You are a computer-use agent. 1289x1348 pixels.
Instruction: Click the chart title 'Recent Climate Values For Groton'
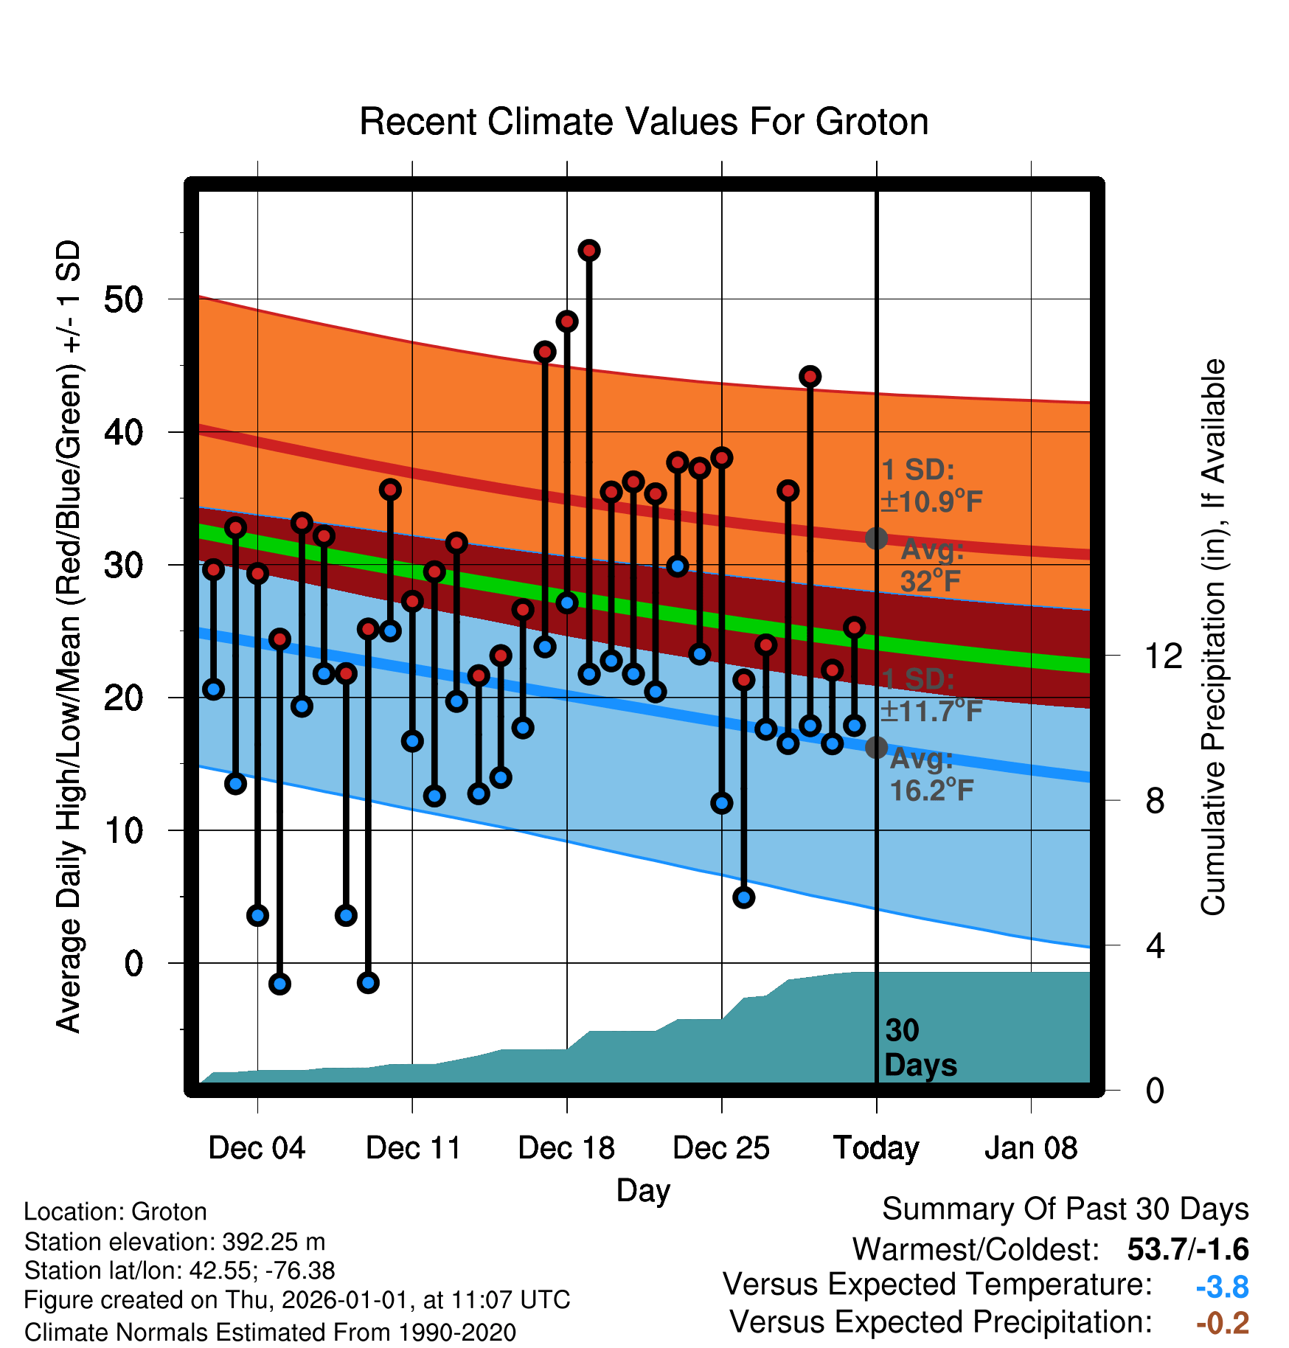[644, 122]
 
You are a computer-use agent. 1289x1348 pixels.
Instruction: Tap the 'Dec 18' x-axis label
[566, 1148]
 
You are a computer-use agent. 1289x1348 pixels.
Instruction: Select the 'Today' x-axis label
[876, 1148]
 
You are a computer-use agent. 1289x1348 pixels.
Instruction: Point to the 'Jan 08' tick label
[1031, 1148]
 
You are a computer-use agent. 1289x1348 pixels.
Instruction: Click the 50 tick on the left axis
[124, 299]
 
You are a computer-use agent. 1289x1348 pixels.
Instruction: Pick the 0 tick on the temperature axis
[133, 963]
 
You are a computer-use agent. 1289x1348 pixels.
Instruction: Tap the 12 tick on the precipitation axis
[1164, 656]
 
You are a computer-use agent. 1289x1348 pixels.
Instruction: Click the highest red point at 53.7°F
[589, 251]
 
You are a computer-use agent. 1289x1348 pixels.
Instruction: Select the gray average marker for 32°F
[876, 538]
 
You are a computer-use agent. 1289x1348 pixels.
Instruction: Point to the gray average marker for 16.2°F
[876, 747]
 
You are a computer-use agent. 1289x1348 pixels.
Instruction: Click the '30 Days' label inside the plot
[920, 1048]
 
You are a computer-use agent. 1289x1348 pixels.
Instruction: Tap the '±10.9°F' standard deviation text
[931, 502]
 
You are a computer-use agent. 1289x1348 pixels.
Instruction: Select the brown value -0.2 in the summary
[1223, 1323]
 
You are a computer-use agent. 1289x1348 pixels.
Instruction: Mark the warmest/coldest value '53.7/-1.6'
[1188, 1250]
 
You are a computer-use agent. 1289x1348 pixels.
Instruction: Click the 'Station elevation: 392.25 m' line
[175, 1242]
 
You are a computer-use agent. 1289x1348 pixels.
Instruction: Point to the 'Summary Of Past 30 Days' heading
[1066, 1209]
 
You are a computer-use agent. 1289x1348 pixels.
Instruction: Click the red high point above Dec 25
[722, 458]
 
